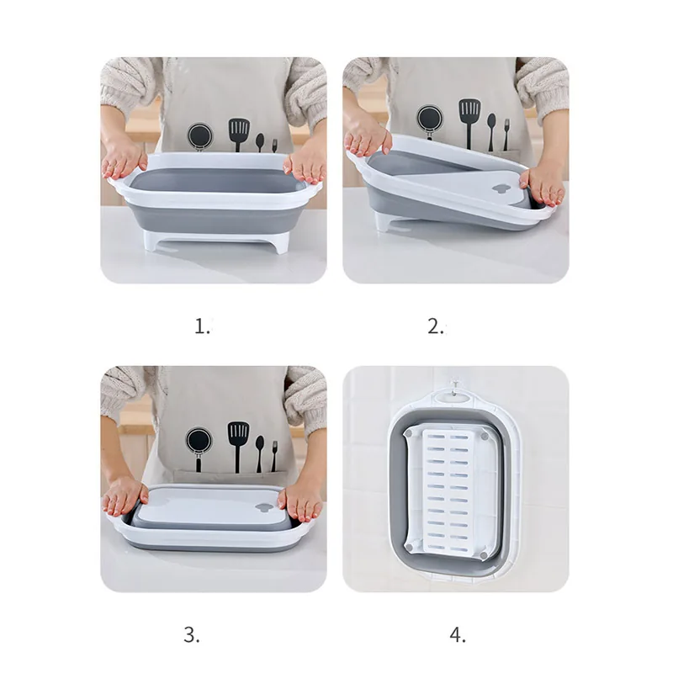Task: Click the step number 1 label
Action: coord(202,326)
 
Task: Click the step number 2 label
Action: coord(436,326)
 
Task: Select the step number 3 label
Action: coord(192,635)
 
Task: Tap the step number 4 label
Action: coord(458,635)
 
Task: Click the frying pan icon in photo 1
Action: coord(199,136)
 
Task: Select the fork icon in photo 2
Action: coord(506,135)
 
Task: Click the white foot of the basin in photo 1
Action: coord(215,241)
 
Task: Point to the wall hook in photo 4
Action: coord(456,386)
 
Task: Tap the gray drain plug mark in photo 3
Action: coord(264,507)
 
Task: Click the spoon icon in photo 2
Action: coord(491,132)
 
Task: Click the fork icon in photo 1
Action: coord(274,146)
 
